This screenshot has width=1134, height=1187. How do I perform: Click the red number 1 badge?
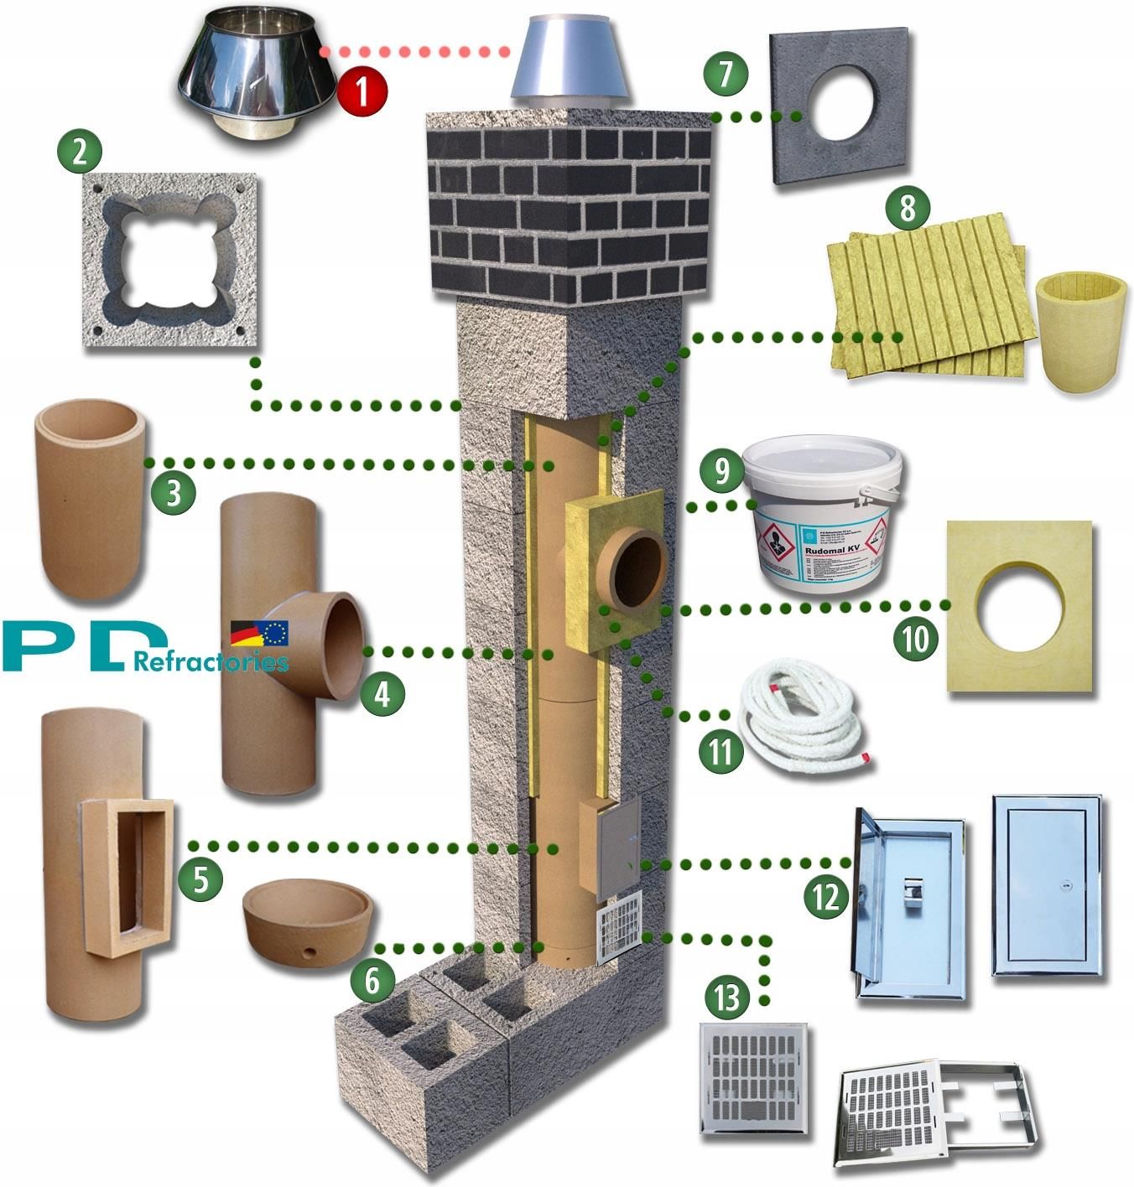coord(362,91)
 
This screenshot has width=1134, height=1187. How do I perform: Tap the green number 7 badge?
coord(726,73)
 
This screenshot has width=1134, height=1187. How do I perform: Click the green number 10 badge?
coord(916,640)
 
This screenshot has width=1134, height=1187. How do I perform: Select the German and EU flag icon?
coord(259,633)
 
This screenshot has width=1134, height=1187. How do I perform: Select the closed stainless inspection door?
coord(1047,886)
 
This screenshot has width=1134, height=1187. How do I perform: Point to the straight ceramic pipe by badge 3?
coord(88,499)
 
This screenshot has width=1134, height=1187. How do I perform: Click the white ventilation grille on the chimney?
coord(619,927)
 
